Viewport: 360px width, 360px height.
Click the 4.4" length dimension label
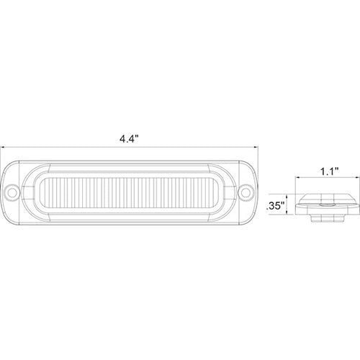[x=130, y=139]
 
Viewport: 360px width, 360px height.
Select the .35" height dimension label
[x=275, y=206]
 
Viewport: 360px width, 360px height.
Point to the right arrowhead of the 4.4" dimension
[x=256, y=147]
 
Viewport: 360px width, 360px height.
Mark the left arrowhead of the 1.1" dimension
[x=297, y=178]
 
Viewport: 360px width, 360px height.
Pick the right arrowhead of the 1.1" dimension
[x=358, y=178]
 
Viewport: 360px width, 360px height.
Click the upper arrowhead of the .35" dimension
[x=287, y=196]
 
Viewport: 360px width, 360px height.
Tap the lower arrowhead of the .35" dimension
[x=287, y=212]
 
